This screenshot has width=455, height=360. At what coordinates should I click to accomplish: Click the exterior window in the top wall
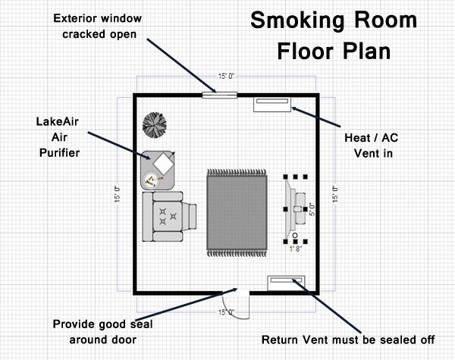(220, 95)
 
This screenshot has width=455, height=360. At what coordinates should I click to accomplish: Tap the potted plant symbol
(155, 125)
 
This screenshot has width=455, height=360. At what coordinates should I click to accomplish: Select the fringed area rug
(237, 213)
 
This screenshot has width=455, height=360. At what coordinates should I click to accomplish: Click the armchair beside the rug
(169, 217)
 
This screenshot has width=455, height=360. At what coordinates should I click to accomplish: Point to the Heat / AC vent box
(272, 105)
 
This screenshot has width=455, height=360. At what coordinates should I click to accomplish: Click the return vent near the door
(286, 283)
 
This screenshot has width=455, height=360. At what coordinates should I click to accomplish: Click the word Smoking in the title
(298, 21)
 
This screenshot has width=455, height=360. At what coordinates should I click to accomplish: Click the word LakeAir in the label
(57, 121)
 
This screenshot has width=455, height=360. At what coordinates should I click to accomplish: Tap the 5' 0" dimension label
(312, 209)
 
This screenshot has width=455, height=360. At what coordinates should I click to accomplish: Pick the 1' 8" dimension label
(296, 249)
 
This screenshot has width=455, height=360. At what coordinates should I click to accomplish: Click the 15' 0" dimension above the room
(226, 77)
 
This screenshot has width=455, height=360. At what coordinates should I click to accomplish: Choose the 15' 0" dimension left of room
(117, 194)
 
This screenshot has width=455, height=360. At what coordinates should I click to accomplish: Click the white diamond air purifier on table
(163, 163)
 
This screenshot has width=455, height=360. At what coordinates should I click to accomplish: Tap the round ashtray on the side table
(151, 180)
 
